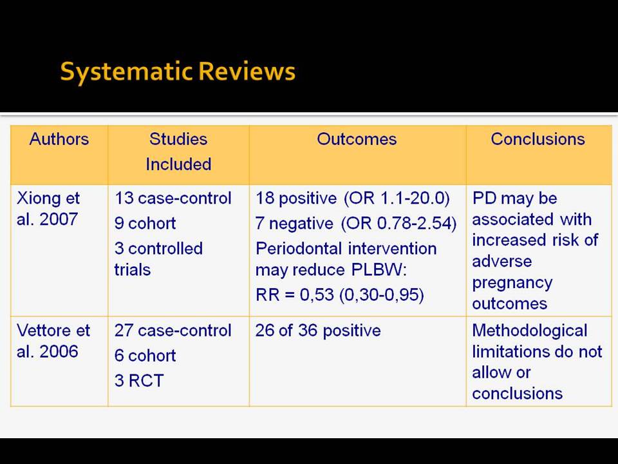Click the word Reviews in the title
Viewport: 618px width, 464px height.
[247, 72]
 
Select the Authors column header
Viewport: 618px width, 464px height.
[59, 139]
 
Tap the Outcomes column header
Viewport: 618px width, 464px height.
[357, 139]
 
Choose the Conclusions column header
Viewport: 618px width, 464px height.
[538, 139]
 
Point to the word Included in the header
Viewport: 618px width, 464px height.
[178, 164]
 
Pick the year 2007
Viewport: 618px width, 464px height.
[59, 219]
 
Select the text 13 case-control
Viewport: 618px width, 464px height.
[173, 198]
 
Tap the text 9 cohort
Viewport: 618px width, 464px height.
[145, 224]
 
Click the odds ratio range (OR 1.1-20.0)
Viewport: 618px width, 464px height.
[397, 198]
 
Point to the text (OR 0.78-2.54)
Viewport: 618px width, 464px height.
[399, 224]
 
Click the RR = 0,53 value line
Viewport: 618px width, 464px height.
[340, 295]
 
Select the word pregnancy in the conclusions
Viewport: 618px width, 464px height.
[512, 284]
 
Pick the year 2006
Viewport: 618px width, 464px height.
[59, 352]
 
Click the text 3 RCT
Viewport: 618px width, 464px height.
[139, 381]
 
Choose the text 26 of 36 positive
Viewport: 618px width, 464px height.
[318, 331]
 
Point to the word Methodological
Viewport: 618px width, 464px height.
[530, 331]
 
